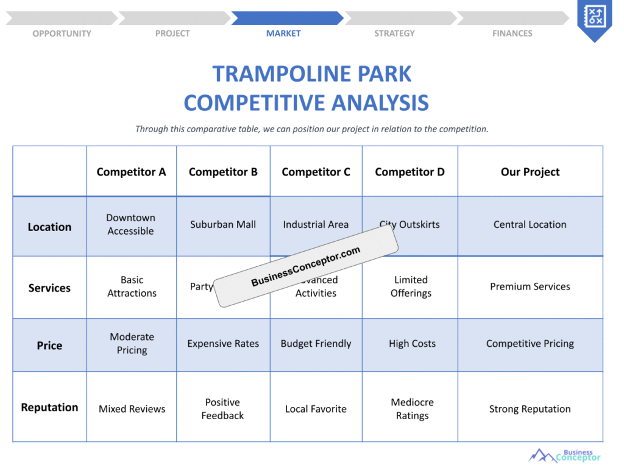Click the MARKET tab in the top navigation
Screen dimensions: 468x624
pos(283,34)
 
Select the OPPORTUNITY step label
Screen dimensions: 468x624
pos(62,34)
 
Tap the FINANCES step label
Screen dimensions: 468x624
pos(512,34)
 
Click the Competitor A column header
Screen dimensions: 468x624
pos(131,172)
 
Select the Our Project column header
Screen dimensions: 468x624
pos(530,172)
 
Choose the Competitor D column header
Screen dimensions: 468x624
pos(409,172)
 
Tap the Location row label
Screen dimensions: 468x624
pos(49,227)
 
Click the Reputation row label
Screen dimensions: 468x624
pos(49,407)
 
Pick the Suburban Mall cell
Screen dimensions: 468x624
pos(223,224)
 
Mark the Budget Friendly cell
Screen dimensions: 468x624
pos(316,344)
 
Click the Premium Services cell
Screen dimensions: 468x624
pos(530,286)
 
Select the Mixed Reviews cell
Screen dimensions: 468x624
pos(132,409)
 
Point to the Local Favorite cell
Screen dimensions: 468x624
pos(316,409)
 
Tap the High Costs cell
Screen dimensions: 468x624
pos(412,344)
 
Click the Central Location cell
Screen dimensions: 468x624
pos(530,224)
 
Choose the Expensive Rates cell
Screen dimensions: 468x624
pos(223,344)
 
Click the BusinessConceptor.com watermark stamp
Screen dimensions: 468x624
pos(306,266)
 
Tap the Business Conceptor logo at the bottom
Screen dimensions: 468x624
pos(565,455)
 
